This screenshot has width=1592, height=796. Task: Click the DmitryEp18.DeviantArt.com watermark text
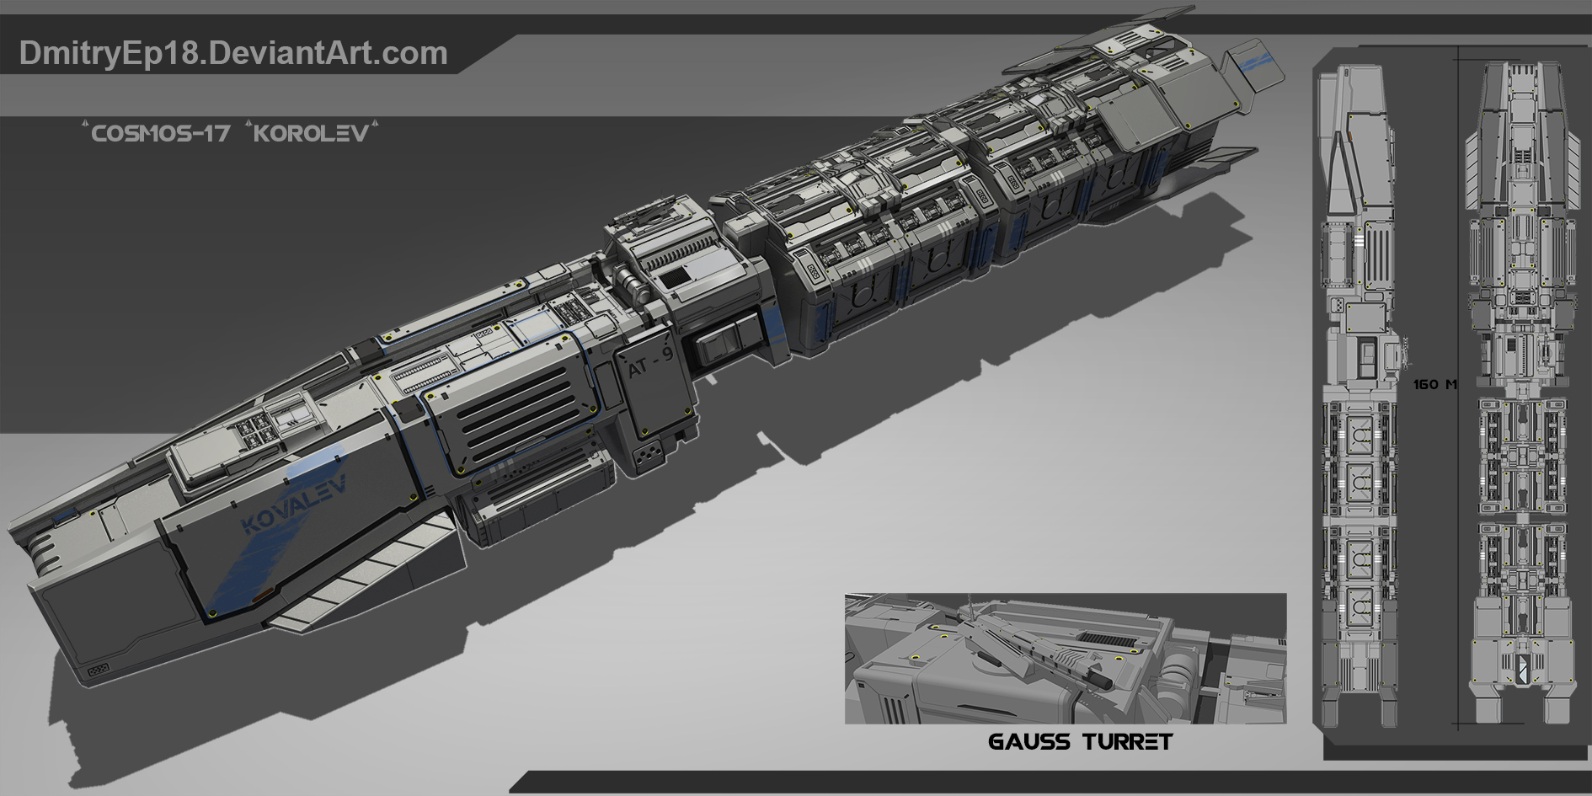pos(233,54)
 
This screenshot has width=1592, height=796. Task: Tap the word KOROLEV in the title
pos(312,133)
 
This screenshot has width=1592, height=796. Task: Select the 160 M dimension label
pos(1434,384)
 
